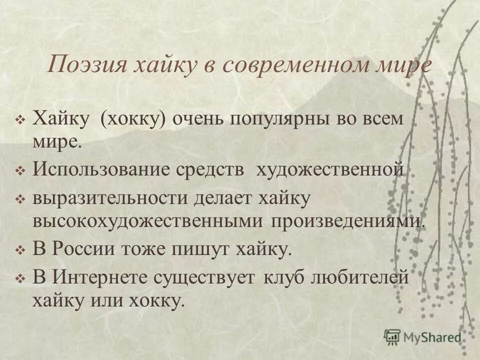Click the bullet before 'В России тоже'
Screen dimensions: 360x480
click(20, 249)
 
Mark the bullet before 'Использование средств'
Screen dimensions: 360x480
click(20, 170)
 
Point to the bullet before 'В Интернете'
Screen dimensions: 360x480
click(20, 277)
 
